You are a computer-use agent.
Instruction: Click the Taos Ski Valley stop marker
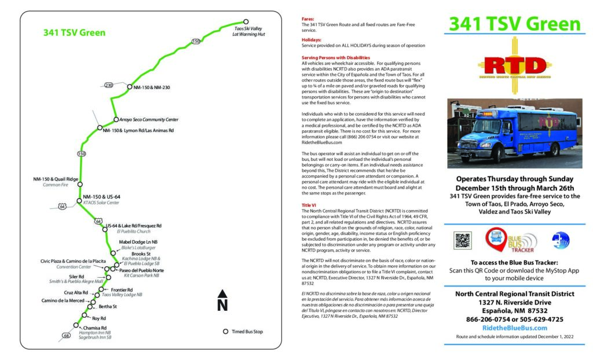point(246,21)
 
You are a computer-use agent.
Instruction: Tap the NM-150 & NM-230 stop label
point(151,87)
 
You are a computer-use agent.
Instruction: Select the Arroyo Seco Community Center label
point(149,119)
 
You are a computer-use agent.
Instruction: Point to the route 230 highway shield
point(109,85)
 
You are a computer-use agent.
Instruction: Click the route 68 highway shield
point(67,335)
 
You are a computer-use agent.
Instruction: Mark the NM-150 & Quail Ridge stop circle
point(80,185)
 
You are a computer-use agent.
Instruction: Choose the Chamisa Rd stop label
point(95,328)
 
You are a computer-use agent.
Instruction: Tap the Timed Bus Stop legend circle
point(226,332)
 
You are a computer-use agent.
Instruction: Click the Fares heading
point(308,19)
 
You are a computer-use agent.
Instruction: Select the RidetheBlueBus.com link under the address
point(515,328)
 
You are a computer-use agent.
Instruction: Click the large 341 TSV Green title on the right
point(514,24)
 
